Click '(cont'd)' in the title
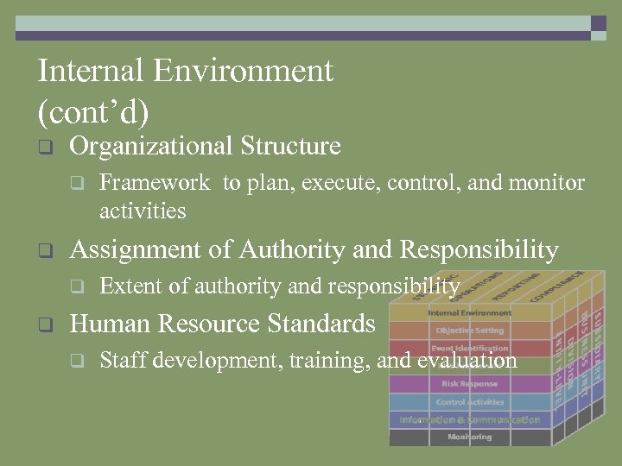tap(93, 111)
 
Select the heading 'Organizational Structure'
tap(205, 146)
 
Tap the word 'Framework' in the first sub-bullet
tap(155, 183)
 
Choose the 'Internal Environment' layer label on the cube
tap(469, 312)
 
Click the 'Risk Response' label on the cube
tap(469, 384)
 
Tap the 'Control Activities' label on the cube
tap(469, 402)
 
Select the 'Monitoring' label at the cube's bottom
tap(469, 438)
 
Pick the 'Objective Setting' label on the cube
tap(469, 331)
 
